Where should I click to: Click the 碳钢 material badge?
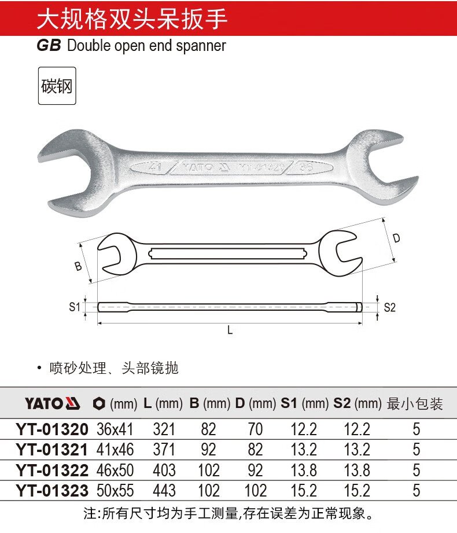pos(57,86)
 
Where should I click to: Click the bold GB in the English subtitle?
pos(49,46)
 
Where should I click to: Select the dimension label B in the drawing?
pos(78,266)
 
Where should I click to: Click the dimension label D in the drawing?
pos(396,238)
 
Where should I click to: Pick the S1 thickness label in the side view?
pos(75,307)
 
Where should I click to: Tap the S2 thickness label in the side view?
pos(390,307)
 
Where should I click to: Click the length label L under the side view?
pos(230,330)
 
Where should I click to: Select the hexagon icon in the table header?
pos(99,404)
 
